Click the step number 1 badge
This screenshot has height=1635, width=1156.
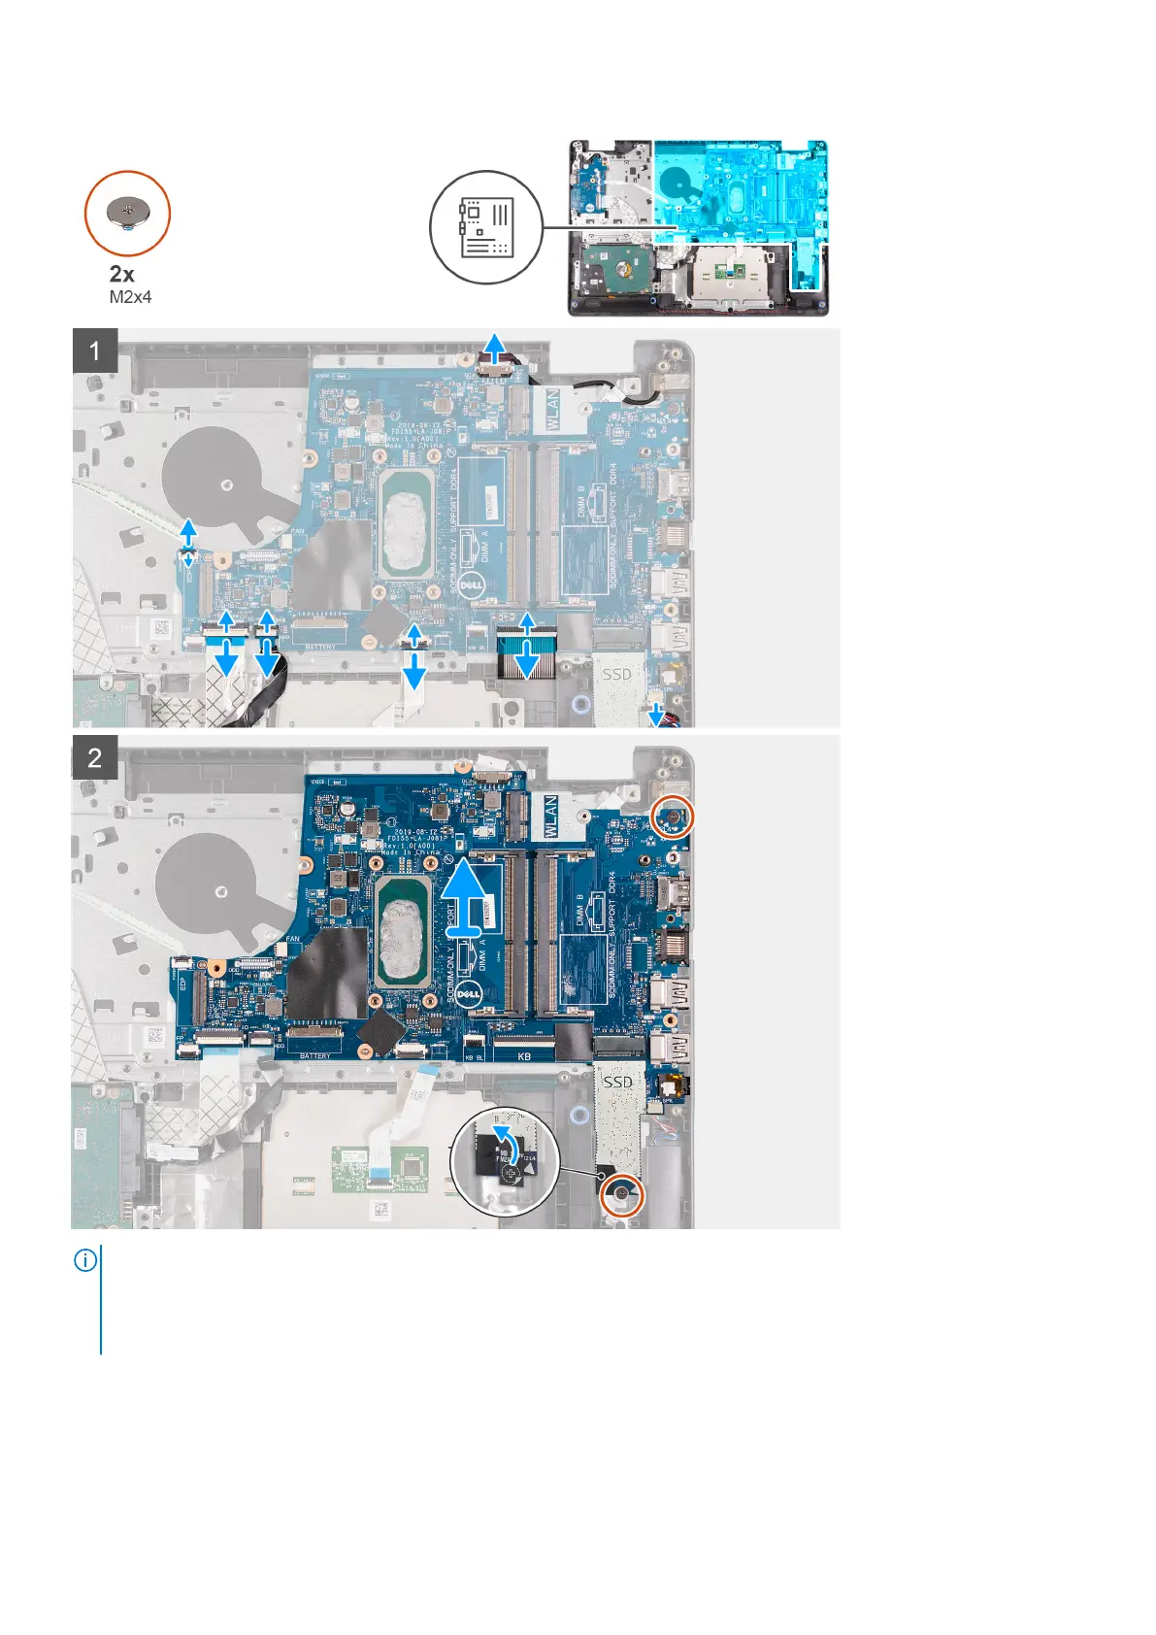click(95, 350)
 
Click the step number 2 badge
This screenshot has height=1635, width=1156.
click(95, 757)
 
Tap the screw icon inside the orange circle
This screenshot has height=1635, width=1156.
click(127, 213)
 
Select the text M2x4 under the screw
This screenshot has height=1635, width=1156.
click(130, 297)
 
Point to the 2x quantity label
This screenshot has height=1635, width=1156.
click(122, 274)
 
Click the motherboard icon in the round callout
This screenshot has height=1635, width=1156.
click(486, 228)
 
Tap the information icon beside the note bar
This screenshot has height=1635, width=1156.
click(85, 1261)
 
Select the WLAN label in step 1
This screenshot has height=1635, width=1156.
click(552, 408)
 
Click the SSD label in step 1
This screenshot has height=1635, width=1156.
click(617, 673)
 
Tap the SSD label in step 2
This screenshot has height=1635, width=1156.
click(618, 1080)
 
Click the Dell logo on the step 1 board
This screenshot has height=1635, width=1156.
click(472, 584)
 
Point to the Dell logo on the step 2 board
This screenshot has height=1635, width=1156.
click(471, 992)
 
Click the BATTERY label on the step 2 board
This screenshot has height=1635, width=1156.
click(315, 1055)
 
